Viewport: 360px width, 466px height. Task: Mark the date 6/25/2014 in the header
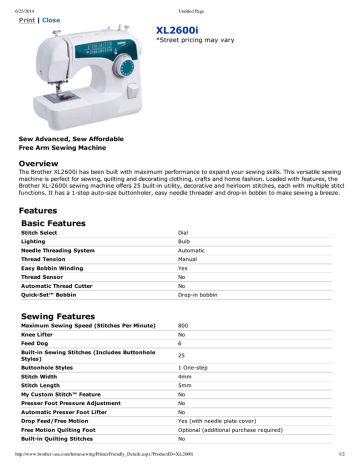point(17,6)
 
